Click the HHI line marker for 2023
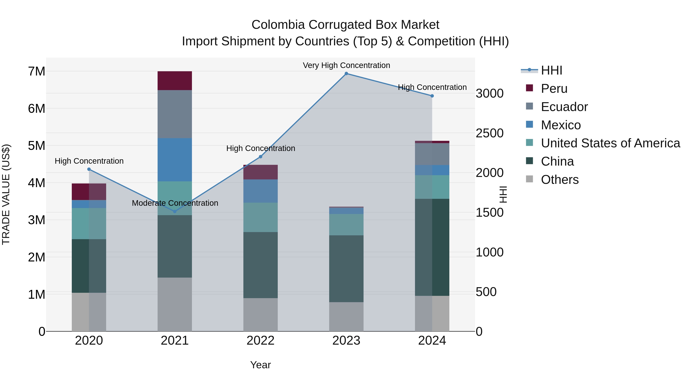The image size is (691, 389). coord(346,74)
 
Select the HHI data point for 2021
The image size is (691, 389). coord(175,212)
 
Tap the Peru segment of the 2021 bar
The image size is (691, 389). coord(175,80)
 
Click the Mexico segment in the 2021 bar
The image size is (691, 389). coord(175,160)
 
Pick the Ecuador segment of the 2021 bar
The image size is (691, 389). coord(175,114)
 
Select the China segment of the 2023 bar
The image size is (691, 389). coord(346,269)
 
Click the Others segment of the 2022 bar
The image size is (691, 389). coord(260,315)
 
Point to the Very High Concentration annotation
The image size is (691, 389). coord(346,65)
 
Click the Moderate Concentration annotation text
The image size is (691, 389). coord(175,203)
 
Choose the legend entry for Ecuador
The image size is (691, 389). coord(564,107)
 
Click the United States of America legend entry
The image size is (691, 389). coord(610,143)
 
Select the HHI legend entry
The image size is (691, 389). coord(551,70)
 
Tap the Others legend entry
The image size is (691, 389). coord(560,180)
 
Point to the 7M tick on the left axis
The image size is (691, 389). coord(36,71)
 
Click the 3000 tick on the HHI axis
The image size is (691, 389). coord(489,93)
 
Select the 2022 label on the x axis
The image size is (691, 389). coord(260,341)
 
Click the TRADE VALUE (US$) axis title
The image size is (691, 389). coord(6,194)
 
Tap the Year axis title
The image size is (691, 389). coord(260,365)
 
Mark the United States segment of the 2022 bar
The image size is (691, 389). coord(260,217)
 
